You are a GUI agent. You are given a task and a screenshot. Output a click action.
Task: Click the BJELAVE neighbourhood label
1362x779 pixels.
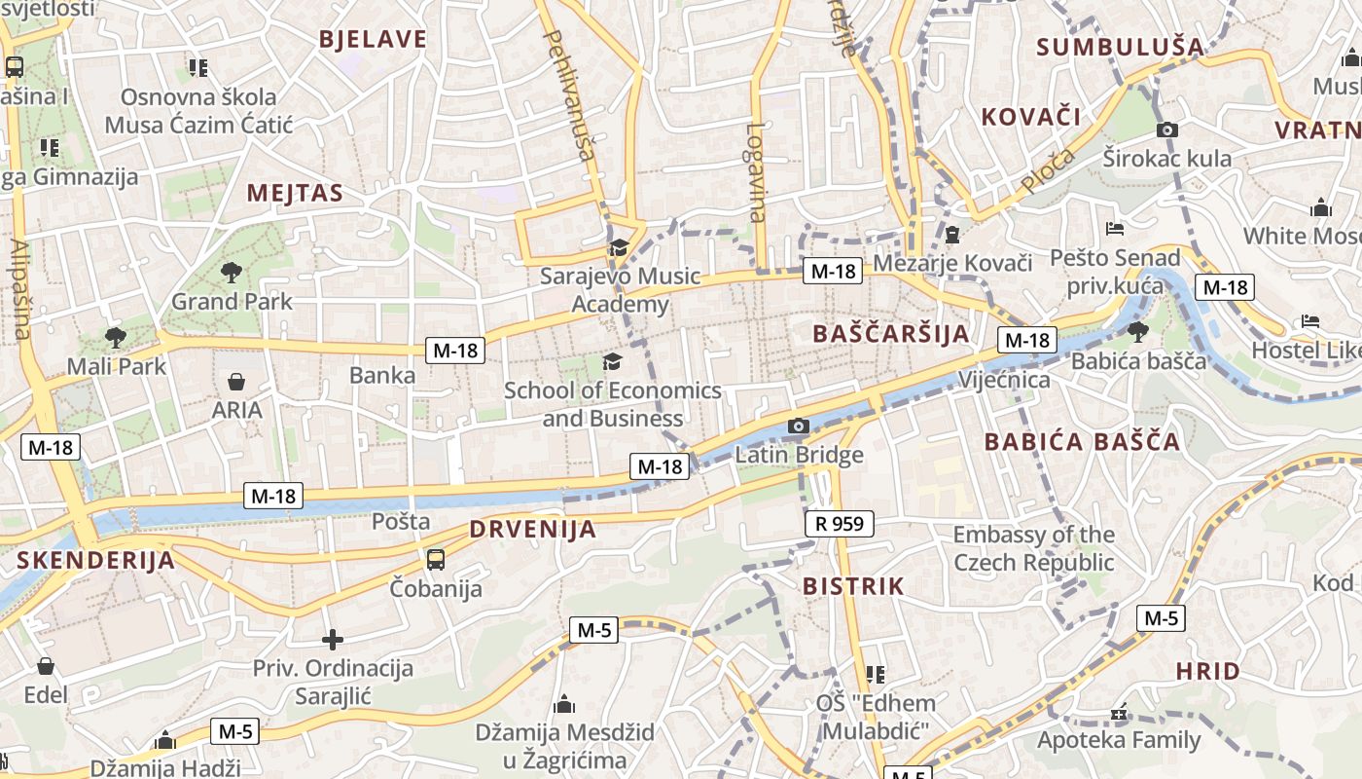click(374, 39)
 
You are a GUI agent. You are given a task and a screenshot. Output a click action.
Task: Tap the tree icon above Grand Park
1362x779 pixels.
click(232, 272)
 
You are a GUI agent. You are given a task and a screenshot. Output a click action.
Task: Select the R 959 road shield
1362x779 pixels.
click(840, 524)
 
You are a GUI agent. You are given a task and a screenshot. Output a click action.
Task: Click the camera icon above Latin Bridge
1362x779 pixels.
click(799, 426)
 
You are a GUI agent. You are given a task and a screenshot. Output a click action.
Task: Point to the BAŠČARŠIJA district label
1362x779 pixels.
click(891, 334)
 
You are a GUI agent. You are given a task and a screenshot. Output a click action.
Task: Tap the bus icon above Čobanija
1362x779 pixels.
click(436, 559)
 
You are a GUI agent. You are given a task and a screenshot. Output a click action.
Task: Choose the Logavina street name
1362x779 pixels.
click(757, 171)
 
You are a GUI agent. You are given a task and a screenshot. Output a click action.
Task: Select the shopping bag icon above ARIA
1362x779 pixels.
click(236, 381)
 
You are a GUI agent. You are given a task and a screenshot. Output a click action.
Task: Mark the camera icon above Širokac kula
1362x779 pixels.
click(1167, 130)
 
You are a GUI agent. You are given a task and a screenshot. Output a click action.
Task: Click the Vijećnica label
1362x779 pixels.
click(1004, 379)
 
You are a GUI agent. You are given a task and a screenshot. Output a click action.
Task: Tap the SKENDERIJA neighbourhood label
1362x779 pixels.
click(95, 560)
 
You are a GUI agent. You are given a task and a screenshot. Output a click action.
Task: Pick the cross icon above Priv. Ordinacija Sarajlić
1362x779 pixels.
click(333, 640)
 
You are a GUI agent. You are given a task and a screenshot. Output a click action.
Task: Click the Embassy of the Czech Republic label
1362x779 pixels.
click(1033, 548)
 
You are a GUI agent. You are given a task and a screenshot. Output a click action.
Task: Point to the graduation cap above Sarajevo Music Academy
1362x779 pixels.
click(619, 247)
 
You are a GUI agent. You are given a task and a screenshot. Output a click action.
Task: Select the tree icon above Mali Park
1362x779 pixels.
click(116, 338)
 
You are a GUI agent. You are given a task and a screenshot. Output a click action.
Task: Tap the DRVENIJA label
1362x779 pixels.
click(532, 530)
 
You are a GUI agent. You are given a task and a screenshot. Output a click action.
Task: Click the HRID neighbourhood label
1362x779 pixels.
click(1207, 671)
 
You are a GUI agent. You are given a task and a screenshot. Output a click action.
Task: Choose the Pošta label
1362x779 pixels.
click(401, 521)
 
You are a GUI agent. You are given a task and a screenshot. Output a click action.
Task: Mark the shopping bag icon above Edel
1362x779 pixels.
click(46, 666)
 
